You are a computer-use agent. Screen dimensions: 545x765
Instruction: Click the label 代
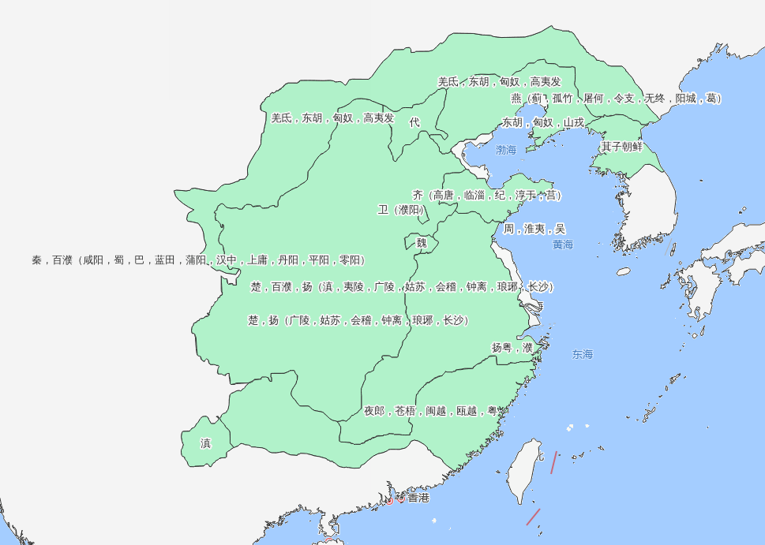pos(414,122)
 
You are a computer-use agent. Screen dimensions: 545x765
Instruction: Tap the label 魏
pos(422,243)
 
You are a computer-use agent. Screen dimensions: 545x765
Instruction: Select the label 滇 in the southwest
pos(206,443)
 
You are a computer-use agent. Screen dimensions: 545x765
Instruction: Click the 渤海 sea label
pos(505,150)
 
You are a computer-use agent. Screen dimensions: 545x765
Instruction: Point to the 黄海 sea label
pos(563,245)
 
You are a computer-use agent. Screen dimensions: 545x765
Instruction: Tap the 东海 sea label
pos(583,355)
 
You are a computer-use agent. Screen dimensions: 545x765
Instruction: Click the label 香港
pos(418,498)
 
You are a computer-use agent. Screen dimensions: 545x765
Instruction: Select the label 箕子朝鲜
pos(621,147)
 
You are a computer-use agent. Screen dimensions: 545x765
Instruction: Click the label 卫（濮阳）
pos(402,210)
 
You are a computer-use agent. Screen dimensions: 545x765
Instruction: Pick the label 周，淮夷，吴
pos(534,229)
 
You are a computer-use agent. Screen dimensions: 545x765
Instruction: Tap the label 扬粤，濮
pos(512,347)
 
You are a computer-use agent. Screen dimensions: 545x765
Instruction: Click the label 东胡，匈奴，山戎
pos(543,122)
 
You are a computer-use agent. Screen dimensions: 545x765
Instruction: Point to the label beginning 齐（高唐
pos(486,195)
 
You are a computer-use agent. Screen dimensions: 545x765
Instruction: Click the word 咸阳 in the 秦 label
pos(93,259)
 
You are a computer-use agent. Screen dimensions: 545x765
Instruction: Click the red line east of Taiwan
pos(554,463)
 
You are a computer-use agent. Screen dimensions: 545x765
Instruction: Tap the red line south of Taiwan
pos(533,517)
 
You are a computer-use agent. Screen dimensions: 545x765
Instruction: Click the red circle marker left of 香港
pos(389,501)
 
